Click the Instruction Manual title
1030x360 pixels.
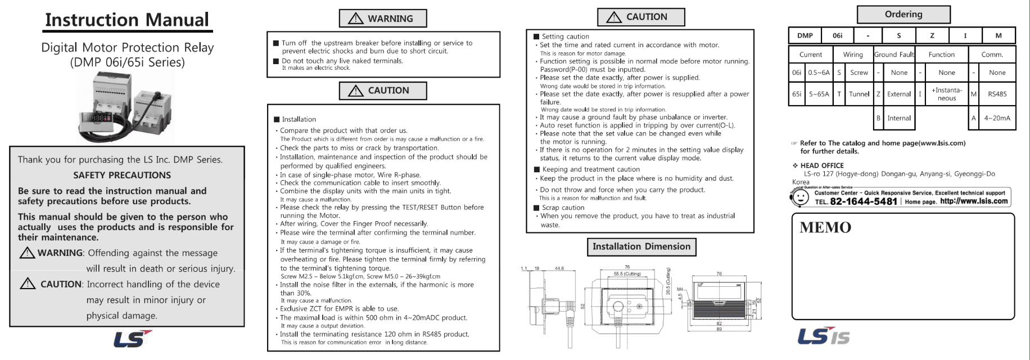coord(127,20)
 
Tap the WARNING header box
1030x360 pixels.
coord(383,19)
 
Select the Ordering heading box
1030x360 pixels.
coord(903,15)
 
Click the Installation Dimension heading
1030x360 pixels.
coord(642,246)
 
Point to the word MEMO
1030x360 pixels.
coord(825,228)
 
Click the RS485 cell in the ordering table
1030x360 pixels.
coord(997,94)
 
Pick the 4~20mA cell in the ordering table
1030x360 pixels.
coord(997,118)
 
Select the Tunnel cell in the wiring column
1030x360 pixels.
coord(859,94)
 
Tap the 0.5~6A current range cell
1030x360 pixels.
coord(819,73)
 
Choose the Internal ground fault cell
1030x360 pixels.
coord(898,118)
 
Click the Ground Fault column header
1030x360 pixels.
coord(894,55)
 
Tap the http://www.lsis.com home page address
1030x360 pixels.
coord(974,201)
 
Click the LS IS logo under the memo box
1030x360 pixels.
coord(824,336)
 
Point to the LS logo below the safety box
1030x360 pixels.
coord(132,339)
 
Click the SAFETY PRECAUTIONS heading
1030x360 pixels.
coord(122,175)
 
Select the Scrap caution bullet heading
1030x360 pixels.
coord(563,208)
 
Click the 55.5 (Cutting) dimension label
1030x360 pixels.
coord(627,274)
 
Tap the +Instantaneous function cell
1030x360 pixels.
coord(946,94)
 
